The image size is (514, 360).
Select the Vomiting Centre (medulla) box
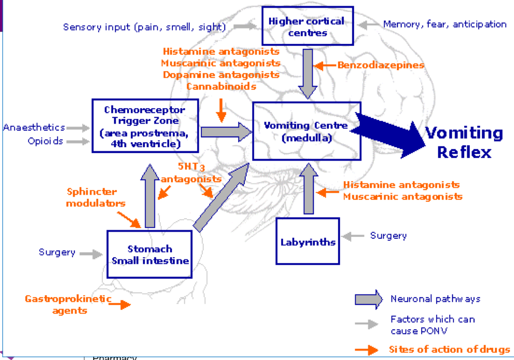(306, 131)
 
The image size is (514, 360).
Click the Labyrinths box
(307, 241)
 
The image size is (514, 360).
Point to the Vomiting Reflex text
(464, 142)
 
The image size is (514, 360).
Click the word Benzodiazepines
(381, 65)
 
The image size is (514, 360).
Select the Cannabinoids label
(222, 86)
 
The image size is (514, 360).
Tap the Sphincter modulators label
(95, 197)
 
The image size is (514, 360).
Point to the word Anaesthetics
(34, 128)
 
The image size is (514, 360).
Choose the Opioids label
(45, 141)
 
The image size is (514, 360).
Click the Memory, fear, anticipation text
(444, 24)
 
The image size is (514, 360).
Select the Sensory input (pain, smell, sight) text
(144, 27)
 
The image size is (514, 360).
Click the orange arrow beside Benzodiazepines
(325, 66)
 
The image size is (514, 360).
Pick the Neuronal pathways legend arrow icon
(368, 299)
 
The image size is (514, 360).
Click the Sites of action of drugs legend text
(449, 350)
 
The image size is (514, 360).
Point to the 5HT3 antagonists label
(191, 173)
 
